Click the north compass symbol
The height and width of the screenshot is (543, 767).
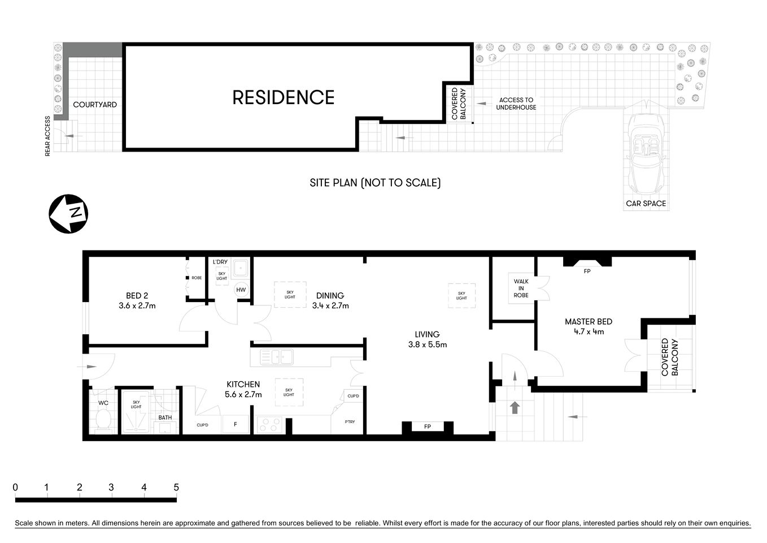(x=68, y=214)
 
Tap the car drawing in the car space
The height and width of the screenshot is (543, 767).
(x=646, y=152)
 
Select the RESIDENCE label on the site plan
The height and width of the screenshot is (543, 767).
(x=283, y=97)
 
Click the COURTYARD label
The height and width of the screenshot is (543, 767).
(x=95, y=105)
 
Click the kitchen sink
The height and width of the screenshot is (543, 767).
(x=277, y=357)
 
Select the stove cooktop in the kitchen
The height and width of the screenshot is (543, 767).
(x=269, y=425)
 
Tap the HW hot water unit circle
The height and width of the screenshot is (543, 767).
(x=241, y=290)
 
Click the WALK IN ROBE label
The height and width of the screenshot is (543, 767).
(x=521, y=288)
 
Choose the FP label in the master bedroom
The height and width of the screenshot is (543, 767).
(x=587, y=271)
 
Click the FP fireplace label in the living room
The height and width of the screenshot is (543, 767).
(x=428, y=426)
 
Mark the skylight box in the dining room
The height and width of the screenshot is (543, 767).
(x=290, y=294)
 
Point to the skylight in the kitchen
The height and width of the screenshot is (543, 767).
(x=289, y=391)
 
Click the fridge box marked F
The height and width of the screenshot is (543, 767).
(x=236, y=425)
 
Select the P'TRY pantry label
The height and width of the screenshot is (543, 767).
(x=350, y=421)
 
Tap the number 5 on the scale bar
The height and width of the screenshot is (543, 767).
(x=176, y=487)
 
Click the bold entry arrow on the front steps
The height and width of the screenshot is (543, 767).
(x=515, y=407)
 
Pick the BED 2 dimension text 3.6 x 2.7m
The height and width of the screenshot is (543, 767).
(x=137, y=305)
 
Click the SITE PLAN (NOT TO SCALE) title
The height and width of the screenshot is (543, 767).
(x=375, y=183)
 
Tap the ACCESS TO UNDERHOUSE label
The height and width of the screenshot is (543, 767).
(x=516, y=104)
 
